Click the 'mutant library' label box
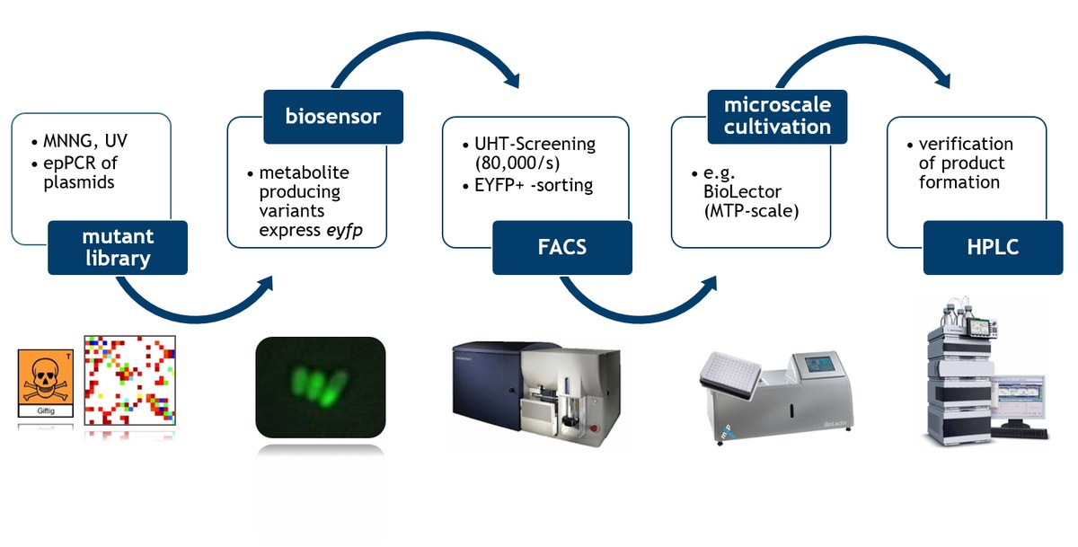click(118, 247)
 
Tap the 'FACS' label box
click(561, 247)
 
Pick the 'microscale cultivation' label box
click(778, 116)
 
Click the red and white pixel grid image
click(130, 380)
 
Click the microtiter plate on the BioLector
click(736, 371)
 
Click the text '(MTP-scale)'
click(745, 212)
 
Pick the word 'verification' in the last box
click(966, 145)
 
